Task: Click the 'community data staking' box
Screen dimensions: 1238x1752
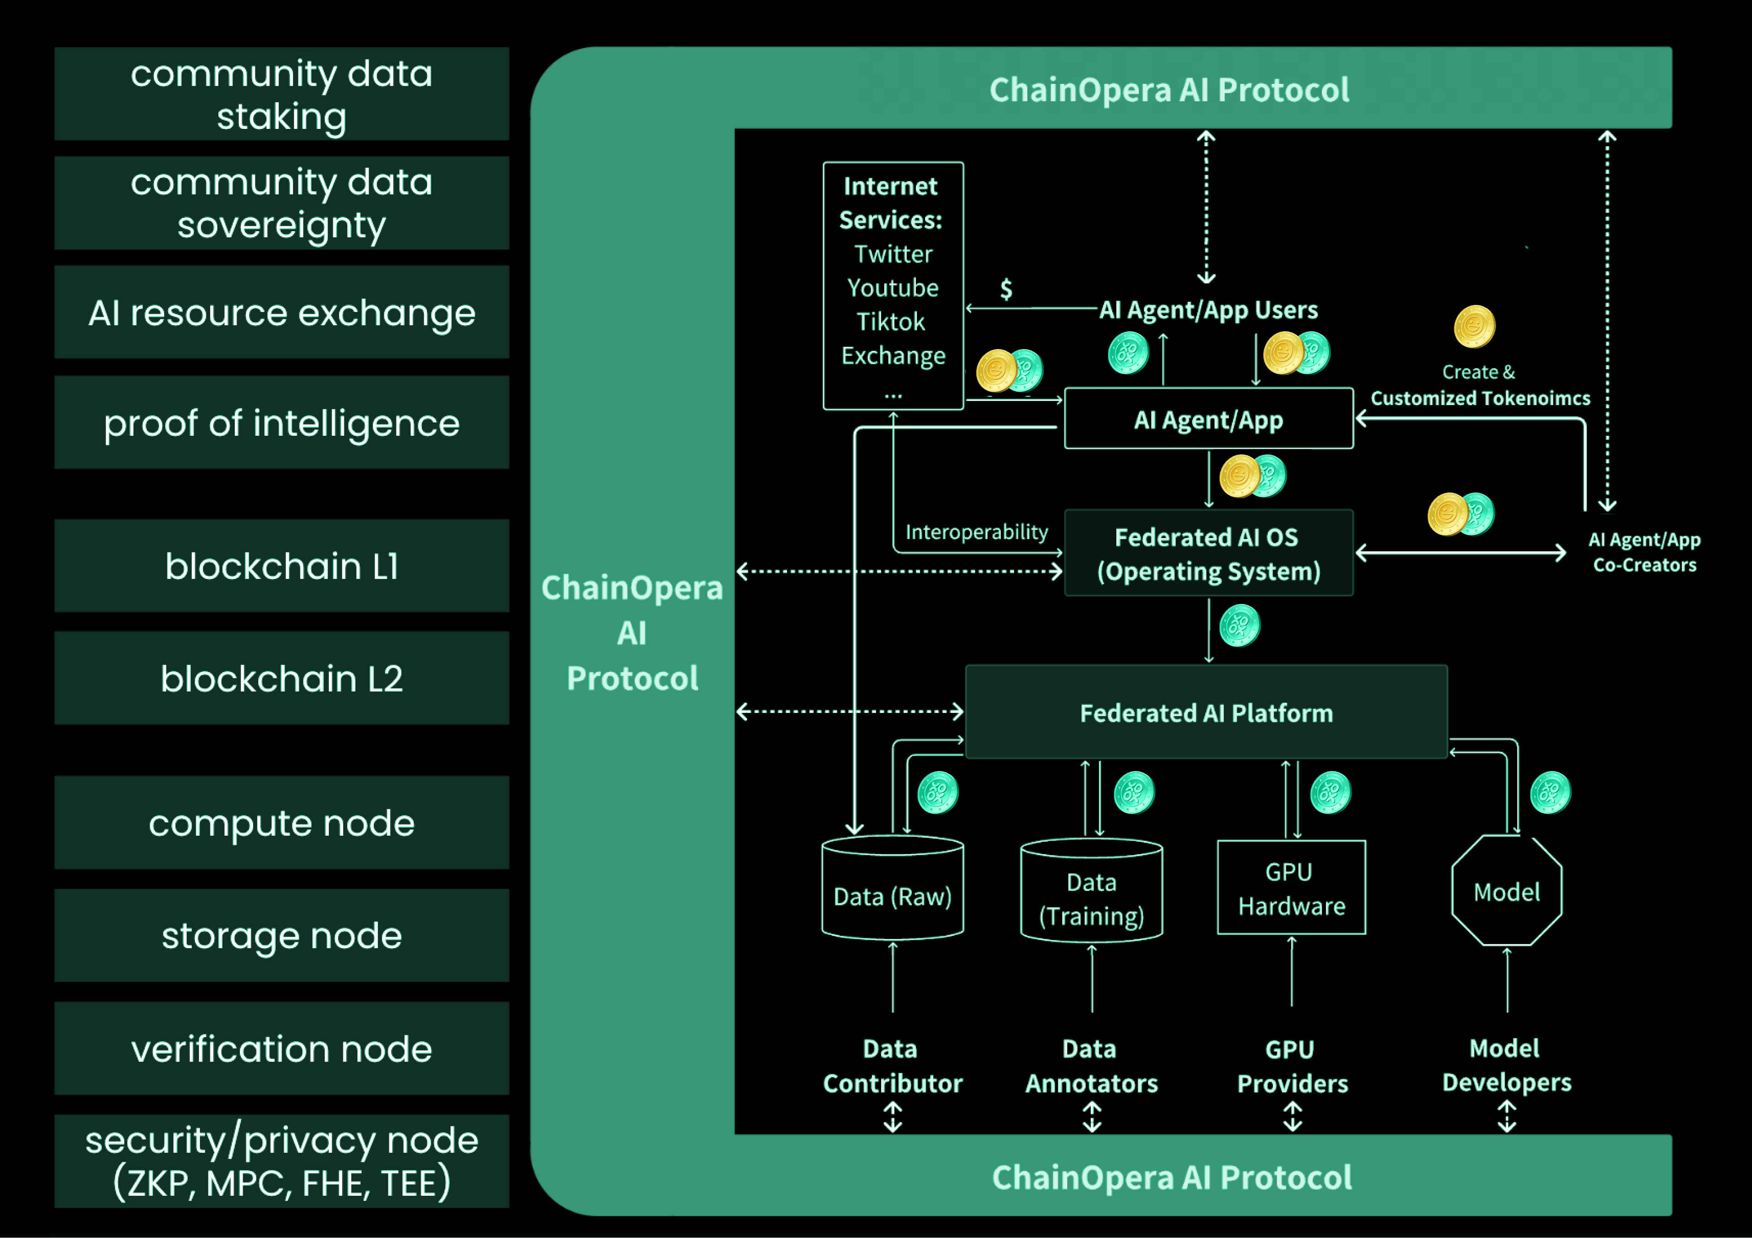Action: pyautogui.click(x=282, y=94)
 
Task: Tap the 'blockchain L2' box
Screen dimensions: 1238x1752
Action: pyautogui.click(x=282, y=678)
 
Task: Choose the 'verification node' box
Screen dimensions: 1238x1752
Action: pyautogui.click(x=282, y=1048)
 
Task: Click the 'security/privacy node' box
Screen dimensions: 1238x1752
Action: pyautogui.click(x=282, y=1161)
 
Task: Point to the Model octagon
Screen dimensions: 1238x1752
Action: pyautogui.click(x=1506, y=891)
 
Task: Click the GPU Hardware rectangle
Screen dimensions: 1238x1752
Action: pyautogui.click(x=1291, y=888)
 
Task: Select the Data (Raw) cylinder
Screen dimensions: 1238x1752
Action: pyautogui.click(x=892, y=889)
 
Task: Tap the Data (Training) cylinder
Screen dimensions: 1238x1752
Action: pyautogui.click(x=1091, y=892)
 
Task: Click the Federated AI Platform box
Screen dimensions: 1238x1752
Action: pyautogui.click(x=1206, y=712)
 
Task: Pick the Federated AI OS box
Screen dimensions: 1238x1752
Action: pyautogui.click(x=1208, y=553)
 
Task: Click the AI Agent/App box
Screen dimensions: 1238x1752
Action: pyautogui.click(x=1208, y=419)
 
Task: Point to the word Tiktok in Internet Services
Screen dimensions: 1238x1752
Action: pyautogui.click(x=891, y=322)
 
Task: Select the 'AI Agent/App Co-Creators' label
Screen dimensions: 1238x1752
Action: pyautogui.click(x=1644, y=552)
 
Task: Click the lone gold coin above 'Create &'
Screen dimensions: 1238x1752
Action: pyautogui.click(x=1474, y=326)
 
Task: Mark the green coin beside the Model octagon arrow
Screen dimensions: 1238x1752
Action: pyautogui.click(x=1550, y=793)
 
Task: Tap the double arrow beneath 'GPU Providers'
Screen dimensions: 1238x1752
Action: pyautogui.click(x=1292, y=1116)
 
